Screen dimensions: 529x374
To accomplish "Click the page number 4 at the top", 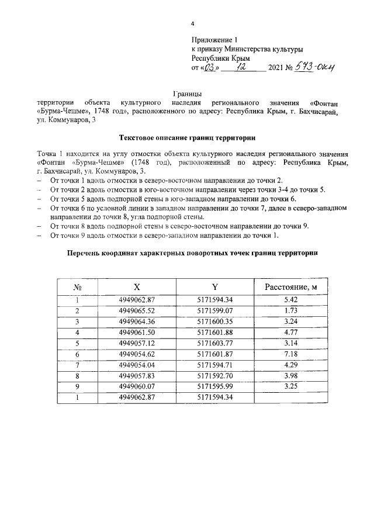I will coord(191,24).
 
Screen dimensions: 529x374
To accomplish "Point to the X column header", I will coord(137,287).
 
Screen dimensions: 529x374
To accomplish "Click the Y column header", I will coord(215,287).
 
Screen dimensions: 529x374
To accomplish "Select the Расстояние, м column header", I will coord(290,287).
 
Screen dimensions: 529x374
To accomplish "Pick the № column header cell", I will coord(77,287).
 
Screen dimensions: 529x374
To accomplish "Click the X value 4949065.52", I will coord(137,310).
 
